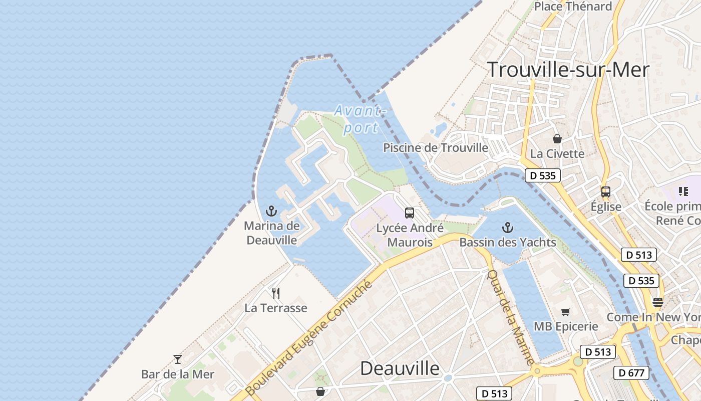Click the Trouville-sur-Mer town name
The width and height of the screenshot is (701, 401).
(568, 70)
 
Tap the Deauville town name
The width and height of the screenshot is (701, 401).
(400, 368)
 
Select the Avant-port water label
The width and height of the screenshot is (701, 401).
(361, 119)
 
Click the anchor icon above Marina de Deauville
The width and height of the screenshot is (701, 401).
(271, 211)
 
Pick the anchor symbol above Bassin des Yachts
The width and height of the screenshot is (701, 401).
(508, 228)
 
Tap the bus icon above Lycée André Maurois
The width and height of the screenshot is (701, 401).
(410, 213)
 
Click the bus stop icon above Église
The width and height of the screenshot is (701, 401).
(606, 191)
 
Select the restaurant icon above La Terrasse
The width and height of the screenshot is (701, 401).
(276, 293)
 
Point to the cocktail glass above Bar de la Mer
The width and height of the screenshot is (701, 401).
(178, 359)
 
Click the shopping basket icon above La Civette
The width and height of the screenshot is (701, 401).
(557, 138)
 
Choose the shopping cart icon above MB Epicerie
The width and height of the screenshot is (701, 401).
(566, 312)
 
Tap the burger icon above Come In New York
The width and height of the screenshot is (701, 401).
(658, 302)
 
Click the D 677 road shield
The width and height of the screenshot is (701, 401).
(631, 373)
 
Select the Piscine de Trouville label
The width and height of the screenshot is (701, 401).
(436, 148)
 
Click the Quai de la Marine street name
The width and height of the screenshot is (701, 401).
(511, 317)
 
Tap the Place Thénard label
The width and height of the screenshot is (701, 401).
(573, 7)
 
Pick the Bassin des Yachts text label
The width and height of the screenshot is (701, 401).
(508, 243)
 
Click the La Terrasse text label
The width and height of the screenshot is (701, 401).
(276, 308)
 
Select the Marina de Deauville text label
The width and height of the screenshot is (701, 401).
(272, 233)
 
